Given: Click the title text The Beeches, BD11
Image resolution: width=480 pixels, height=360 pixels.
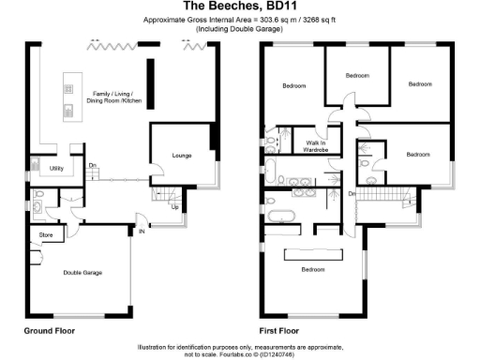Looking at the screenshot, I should [240, 7].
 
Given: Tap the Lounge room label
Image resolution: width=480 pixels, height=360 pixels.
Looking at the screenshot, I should [182, 155].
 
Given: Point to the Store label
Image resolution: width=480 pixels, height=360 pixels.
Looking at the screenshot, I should [44, 234].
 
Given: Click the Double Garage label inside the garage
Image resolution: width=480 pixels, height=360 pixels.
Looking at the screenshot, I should [82, 272].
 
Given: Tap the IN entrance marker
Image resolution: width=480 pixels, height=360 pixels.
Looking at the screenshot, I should [142, 231].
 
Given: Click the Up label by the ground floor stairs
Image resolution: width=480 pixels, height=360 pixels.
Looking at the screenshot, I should [175, 207].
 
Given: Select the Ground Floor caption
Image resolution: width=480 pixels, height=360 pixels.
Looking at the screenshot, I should [49, 332].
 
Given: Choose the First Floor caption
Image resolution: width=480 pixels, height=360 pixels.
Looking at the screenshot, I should [281, 332].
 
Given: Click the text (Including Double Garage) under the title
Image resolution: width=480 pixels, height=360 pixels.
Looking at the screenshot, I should [240, 29].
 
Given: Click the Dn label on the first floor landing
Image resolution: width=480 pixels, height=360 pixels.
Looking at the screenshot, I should [352, 194].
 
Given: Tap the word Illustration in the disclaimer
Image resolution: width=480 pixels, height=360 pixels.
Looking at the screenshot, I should [157, 345].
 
